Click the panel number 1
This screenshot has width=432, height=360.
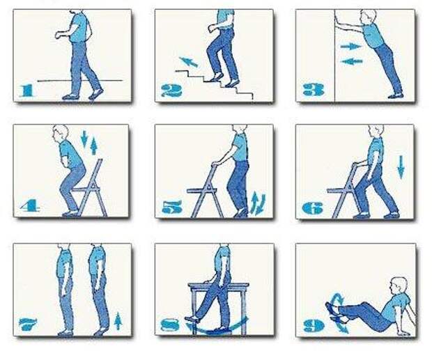point(27,91)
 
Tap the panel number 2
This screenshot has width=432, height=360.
point(171,91)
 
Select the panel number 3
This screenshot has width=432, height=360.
point(314,89)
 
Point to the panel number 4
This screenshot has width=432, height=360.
point(30,205)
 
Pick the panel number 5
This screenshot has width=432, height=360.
point(172,207)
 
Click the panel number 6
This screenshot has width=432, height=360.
point(312,208)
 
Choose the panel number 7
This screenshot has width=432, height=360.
point(28,324)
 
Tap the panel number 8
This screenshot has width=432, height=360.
point(171,325)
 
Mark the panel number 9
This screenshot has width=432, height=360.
point(314,326)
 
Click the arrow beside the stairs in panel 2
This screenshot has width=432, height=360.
point(188,62)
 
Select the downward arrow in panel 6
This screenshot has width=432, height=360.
point(401,166)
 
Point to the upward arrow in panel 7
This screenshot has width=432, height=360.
point(118,320)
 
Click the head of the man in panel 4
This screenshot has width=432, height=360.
point(61,132)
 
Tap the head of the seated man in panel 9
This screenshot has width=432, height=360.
point(398,285)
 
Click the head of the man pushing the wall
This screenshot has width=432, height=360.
point(369,17)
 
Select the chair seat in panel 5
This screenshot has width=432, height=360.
point(202,191)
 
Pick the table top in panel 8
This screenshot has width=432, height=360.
point(219,285)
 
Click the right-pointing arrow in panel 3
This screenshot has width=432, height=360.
point(351,47)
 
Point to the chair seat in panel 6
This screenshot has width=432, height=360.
point(340,190)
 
